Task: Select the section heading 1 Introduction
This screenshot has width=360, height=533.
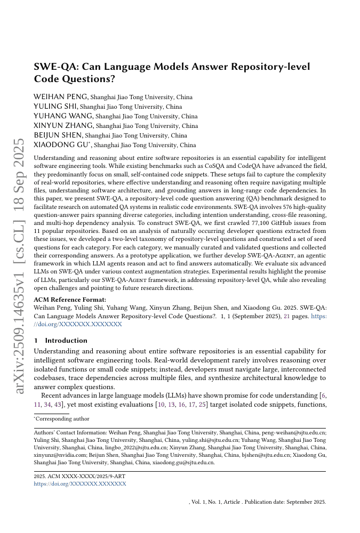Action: point(60,340)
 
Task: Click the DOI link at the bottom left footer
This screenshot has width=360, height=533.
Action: point(80,484)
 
